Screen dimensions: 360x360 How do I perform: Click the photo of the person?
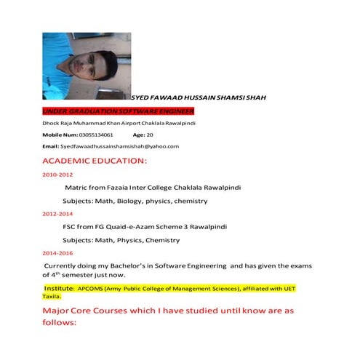tap(86, 65)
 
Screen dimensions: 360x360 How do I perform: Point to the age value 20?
tap(150, 135)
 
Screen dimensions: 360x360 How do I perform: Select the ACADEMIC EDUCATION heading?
tap(95, 160)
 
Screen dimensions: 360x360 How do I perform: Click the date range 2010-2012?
tap(57, 175)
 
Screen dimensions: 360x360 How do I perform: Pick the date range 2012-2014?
tap(57, 215)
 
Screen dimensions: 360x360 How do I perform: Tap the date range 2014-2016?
tap(57, 253)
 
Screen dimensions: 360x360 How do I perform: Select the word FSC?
tap(71, 226)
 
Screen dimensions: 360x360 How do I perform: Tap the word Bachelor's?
tap(141, 266)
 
